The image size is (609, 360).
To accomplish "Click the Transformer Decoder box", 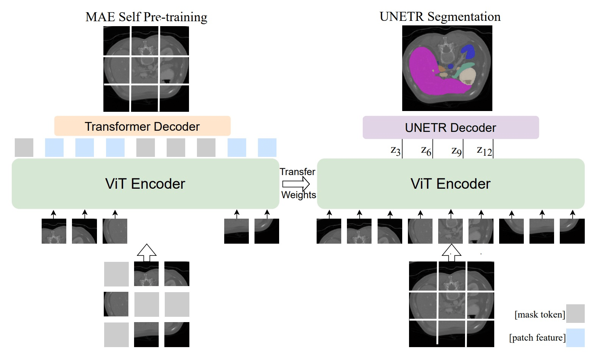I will tap(142, 126).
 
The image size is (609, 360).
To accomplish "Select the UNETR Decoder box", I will tap(450, 128).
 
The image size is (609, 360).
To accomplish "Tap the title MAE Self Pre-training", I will tap(146, 17).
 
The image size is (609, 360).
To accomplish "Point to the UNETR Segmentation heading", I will tap(440, 17).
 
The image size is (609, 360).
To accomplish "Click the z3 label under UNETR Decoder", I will tap(395, 151).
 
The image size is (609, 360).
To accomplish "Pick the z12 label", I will tap(484, 151).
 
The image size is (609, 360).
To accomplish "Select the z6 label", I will tap(426, 151).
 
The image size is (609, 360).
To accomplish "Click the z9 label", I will tap(456, 151).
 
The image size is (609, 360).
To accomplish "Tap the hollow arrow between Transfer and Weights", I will tap(296, 184).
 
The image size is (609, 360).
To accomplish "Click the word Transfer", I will tap(297, 172).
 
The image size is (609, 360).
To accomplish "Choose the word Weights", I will tap(298, 195).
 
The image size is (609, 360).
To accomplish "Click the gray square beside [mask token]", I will tap(575, 313).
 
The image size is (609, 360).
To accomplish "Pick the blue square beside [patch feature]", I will tap(575, 338).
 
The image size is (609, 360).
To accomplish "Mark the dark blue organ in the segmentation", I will tap(468, 52).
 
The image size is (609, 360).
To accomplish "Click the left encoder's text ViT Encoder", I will tap(145, 184).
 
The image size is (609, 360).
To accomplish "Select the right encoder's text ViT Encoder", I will tap(450, 184).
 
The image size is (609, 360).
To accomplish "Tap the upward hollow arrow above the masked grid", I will tap(147, 252).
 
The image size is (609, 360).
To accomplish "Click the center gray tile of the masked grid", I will tap(147, 304).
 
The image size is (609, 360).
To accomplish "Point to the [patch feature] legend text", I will tap(537, 338).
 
